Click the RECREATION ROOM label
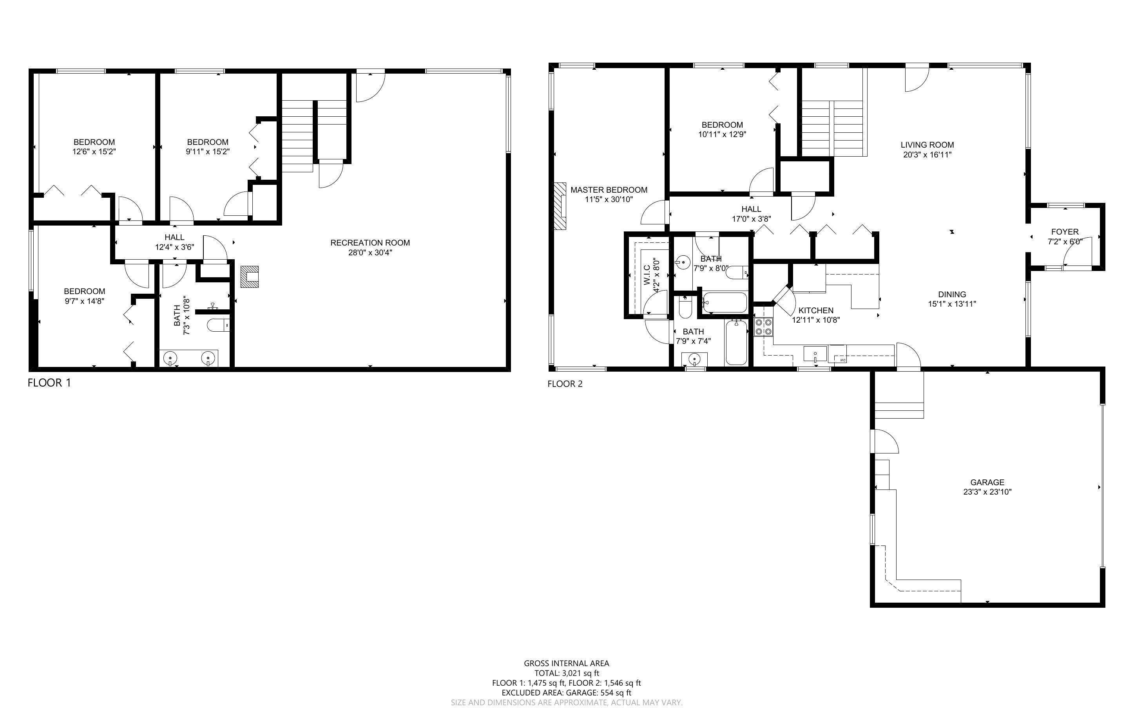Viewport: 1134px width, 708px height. pyautogui.click(x=370, y=242)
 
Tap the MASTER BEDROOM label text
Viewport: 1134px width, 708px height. pyautogui.click(x=609, y=190)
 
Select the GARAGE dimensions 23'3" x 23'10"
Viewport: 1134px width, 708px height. pyautogui.click(x=987, y=492)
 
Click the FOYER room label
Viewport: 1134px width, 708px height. pyautogui.click(x=1065, y=232)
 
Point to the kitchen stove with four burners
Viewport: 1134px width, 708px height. pyautogui.click(x=763, y=327)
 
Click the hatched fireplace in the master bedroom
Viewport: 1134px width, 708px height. pyautogui.click(x=559, y=206)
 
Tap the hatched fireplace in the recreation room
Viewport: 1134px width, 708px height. pyautogui.click(x=249, y=276)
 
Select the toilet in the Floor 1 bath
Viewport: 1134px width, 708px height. pyautogui.click(x=218, y=325)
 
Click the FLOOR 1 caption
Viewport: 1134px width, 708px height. pyautogui.click(x=49, y=383)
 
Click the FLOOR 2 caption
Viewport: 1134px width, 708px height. pyautogui.click(x=565, y=384)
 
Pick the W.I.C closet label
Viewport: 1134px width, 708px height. pyautogui.click(x=647, y=275)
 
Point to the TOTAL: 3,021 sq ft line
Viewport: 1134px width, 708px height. pyautogui.click(x=566, y=673)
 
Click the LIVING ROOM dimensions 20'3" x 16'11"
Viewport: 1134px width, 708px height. pyautogui.click(x=927, y=155)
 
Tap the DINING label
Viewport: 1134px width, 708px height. pyautogui.click(x=952, y=294)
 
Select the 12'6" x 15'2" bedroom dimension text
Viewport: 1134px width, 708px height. pyautogui.click(x=94, y=152)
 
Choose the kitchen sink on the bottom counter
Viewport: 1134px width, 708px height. pyautogui.click(x=815, y=354)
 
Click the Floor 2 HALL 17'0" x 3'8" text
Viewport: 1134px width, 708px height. pyautogui.click(x=751, y=219)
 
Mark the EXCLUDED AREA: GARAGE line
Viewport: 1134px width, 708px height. pyautogui.click(x=566, y=693)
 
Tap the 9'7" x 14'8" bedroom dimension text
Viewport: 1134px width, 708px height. pyautogui.click(x=84, y=301)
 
